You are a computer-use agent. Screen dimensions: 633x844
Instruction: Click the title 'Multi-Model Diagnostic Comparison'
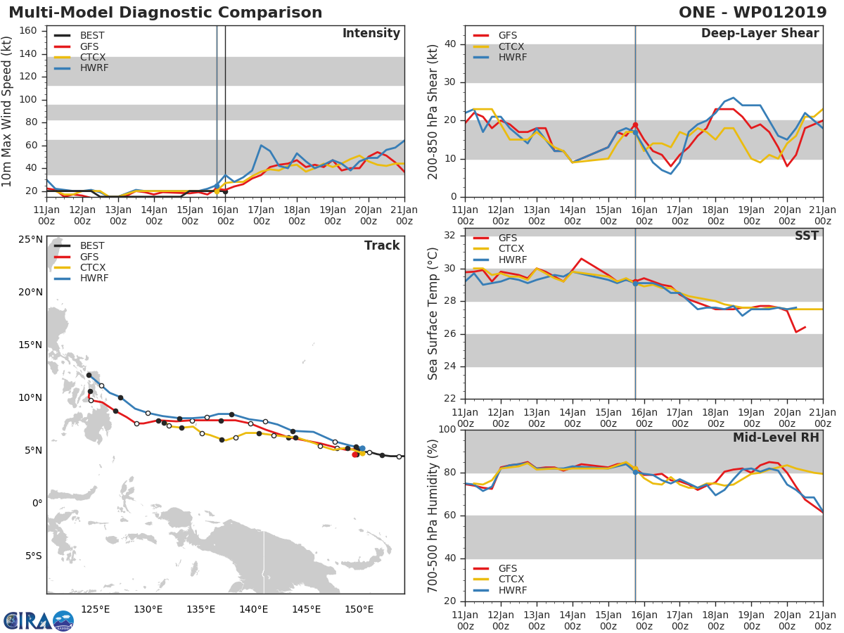coord(165,13)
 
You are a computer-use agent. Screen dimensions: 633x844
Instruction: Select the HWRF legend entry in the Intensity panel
coord(94,68)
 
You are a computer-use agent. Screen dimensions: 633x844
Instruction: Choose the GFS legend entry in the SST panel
coord(508,238)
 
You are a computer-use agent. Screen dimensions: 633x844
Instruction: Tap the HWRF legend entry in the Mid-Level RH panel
coord(512,591)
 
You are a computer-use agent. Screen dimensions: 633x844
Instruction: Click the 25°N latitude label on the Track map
coord(30,240)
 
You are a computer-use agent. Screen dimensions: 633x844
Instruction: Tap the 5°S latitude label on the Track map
coord(32,556)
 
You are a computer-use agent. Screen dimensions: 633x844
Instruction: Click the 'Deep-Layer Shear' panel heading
coord(760,34)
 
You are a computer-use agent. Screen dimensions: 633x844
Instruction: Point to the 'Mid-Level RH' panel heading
coord(776,438)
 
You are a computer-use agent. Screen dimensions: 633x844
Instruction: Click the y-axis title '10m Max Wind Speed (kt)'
coord(8,111)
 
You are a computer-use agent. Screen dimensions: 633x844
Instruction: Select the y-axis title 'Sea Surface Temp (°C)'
coord(433,313)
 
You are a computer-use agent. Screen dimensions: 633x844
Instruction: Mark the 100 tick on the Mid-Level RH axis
coord(447,430)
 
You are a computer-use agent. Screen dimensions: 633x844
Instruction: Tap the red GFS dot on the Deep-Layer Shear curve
coord(635,125)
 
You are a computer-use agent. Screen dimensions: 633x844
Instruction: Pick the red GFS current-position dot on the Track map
coord(355,454)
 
